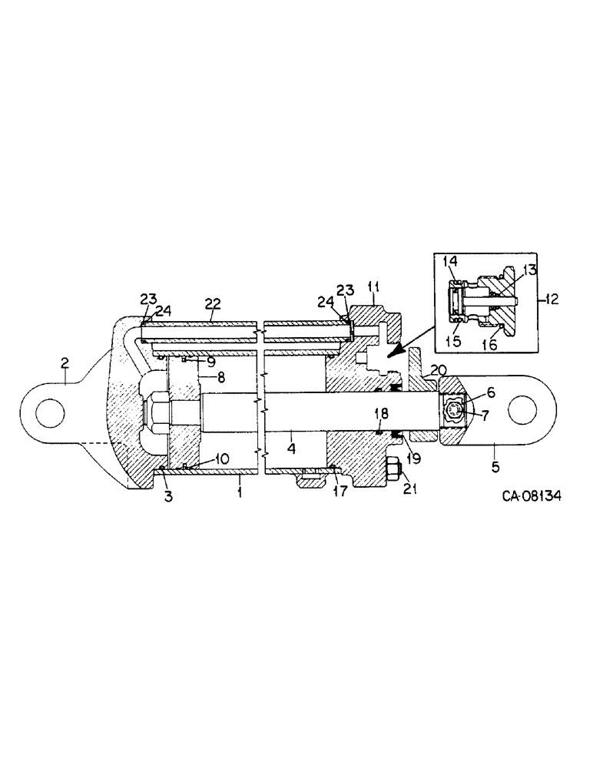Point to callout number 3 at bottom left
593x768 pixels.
coord(168,496)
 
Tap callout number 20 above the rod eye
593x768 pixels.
coord(437,369)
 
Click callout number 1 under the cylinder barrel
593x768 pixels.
coord(240,489)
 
